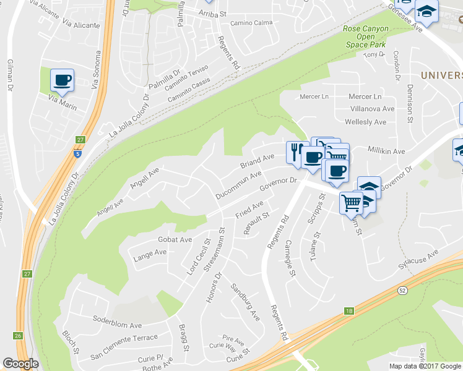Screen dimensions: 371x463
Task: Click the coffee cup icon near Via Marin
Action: [62, 80]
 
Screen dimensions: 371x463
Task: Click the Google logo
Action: [20, 364]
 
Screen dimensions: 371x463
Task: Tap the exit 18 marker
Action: [350, 311]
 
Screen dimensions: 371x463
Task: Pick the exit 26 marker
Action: [19, 336]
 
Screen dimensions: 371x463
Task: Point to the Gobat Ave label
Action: [175, 239]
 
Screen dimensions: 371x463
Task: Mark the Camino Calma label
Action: [251, 23]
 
